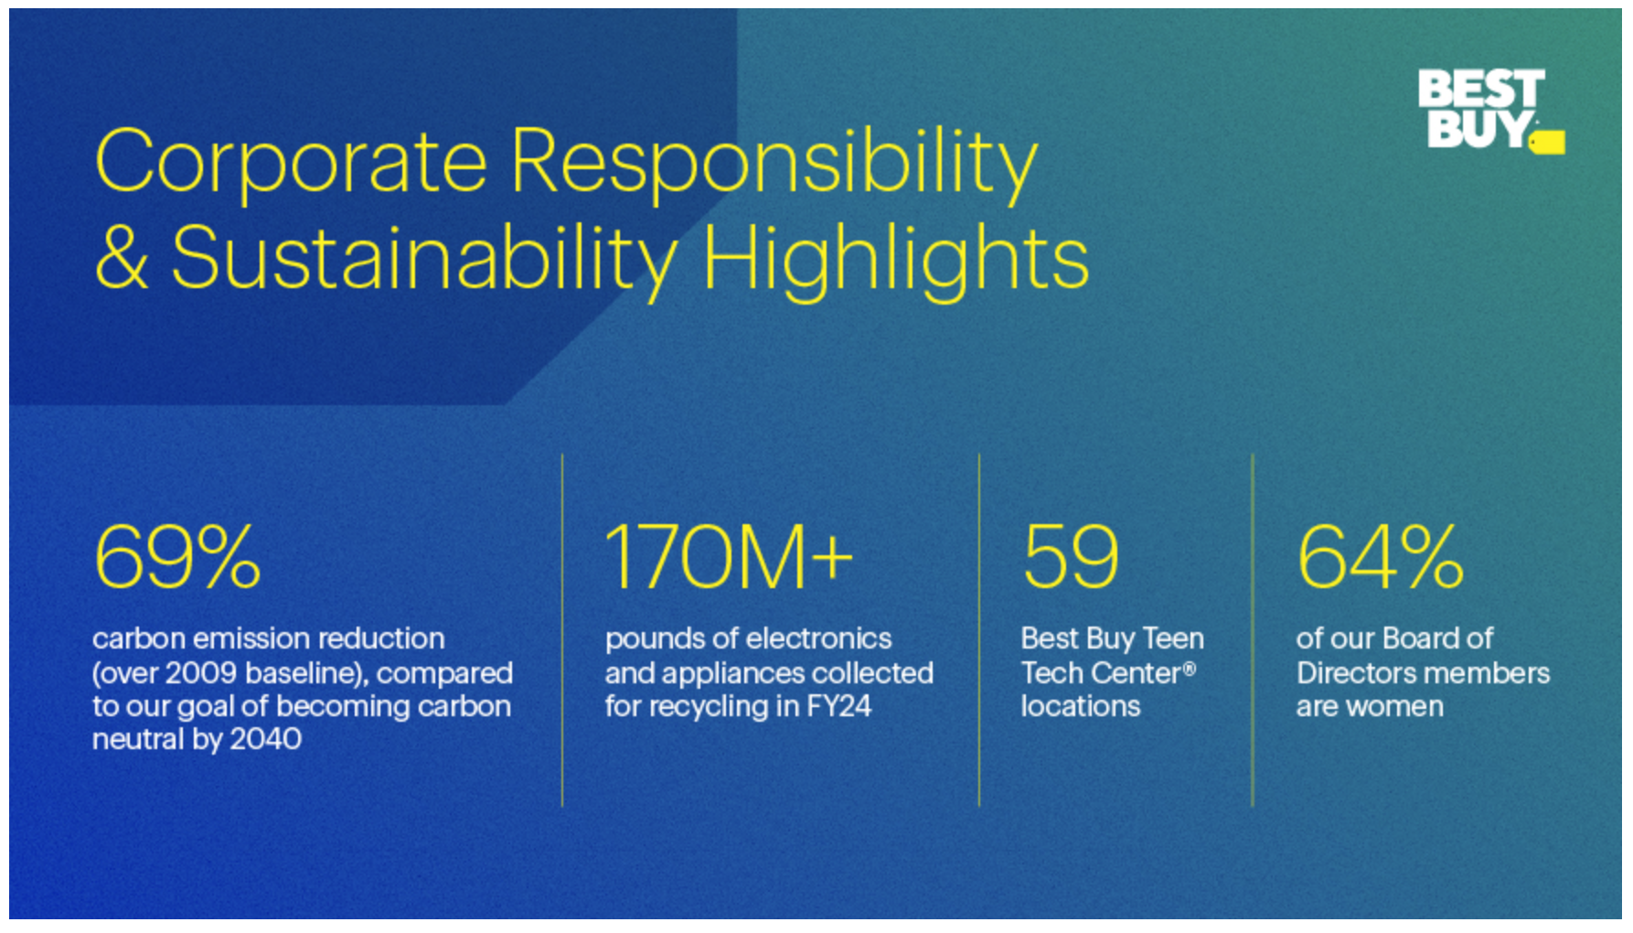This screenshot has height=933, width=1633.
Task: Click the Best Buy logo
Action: [1490, 111]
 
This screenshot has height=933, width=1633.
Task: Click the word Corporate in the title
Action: [291, 161]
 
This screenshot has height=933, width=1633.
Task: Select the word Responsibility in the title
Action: [774, 165]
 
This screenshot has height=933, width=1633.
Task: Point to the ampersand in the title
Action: [122, 257]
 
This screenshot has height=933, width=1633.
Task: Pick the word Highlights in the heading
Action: [896, 260]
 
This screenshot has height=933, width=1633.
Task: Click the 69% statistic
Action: [177, 557]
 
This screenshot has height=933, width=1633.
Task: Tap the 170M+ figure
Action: [729, 557]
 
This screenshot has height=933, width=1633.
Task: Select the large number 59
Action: [1071, 557]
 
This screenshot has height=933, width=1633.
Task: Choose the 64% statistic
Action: [1381, 557]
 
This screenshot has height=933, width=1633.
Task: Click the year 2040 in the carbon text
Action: [265, 739]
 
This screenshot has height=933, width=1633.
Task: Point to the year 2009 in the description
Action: [201, 673]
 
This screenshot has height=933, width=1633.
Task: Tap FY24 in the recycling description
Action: [838, 706]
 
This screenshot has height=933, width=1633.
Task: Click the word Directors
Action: [1356, 673]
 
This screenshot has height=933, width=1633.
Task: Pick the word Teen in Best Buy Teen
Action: [1173, 638]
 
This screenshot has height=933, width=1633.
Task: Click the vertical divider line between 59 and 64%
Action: [1253, 630]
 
